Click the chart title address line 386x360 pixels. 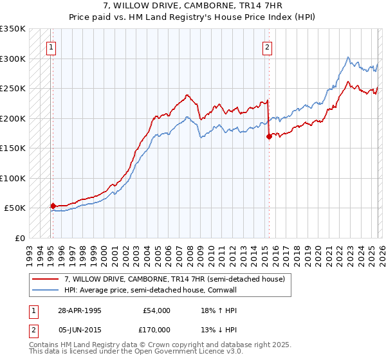[x=192, y=6]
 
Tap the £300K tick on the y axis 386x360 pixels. [x=13, y=59]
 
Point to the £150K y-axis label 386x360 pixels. [x=13, y=148]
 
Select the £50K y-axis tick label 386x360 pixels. [x=15, y=208]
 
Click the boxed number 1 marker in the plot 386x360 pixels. [x=51, y=46]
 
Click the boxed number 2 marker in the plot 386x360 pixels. [x=266, y=46]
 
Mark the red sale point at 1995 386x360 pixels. [x=53, y=206]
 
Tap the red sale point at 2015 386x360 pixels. [x=269, y=136]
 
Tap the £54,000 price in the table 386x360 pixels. [x=157, y=310]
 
